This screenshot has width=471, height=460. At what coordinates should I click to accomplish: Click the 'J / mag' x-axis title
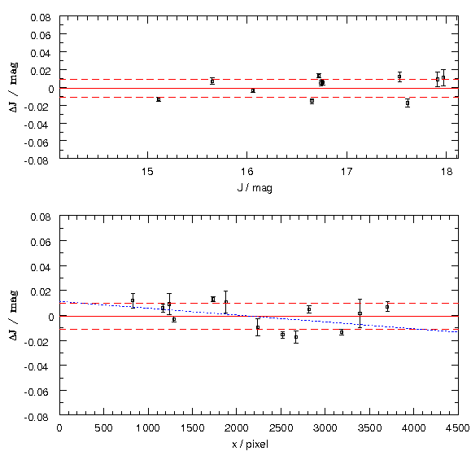click(255, 188)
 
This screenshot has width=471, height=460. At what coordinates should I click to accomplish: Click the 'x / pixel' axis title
click(250, 444)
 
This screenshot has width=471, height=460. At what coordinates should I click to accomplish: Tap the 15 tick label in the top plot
click(147, 172)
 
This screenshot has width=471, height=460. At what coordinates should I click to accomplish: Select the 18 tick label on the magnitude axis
click(447, 172)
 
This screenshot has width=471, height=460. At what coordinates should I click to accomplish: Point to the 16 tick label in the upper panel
click(247, 172)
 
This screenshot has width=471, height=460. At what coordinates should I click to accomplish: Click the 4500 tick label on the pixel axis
click(458, 427)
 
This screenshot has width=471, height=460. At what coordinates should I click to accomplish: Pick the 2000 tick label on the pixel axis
click(237, 427)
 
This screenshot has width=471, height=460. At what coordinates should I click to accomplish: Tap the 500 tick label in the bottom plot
click(103, 427)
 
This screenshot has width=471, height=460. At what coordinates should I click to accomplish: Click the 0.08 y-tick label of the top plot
click(41, 17)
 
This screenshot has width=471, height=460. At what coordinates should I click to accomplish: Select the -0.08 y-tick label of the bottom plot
click(37, 417)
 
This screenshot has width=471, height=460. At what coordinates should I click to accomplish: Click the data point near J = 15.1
click(159, 99)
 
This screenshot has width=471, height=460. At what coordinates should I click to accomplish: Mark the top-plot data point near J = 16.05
click(253, 90)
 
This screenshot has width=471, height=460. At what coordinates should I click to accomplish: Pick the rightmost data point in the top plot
click(443, 77)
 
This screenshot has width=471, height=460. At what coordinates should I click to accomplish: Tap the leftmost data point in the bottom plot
click(133, 300)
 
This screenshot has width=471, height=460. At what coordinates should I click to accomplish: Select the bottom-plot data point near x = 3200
click(342, 332)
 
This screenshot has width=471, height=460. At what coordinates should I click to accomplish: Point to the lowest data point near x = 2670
click(296, 337)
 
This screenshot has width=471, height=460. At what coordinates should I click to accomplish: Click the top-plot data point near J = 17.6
click(408, 103)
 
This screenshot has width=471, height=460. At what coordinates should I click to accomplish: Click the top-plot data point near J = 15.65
click(212, 81)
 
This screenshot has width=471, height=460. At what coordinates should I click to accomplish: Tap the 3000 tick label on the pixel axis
click(325, 427)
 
